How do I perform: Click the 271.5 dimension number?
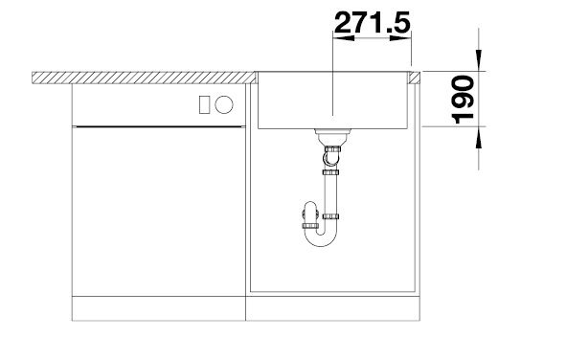[373, 22]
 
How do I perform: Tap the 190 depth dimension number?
[463, 100]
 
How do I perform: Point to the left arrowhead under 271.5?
[343, 37]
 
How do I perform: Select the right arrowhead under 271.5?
[400, 37]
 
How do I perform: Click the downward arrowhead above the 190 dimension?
[479, 59]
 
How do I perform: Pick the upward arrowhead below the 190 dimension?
[479, 138]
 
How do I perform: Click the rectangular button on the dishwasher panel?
[204, 104]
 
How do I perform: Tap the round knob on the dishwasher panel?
[224, 104]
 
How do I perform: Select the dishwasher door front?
[158, 212]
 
